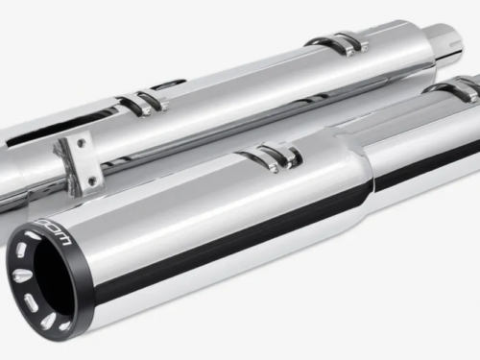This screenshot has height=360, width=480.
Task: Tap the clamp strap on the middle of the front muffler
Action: click(274, 155)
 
